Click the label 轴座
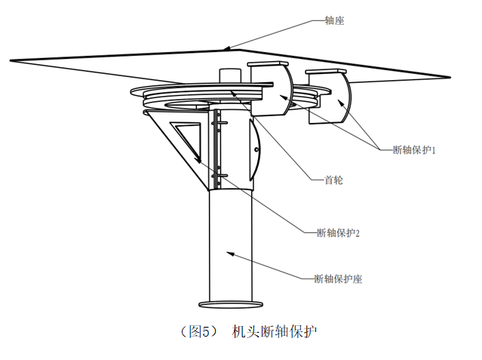tap(334, 20)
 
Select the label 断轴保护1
tap(414, 150)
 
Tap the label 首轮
tap(334, 180)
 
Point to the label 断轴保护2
tap(338, 232)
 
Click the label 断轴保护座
tap(338, 278)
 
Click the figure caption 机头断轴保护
tap(275, 331)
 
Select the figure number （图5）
tap(199, 331)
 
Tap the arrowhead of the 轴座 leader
tap(226, 48)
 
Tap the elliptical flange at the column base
tap(231, 304)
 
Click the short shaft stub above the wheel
tap(230, 75)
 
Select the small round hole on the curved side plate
tap(256, 150)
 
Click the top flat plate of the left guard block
tap(268, 63)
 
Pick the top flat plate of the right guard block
tap(326, 72)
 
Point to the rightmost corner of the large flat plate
tap(450, 77)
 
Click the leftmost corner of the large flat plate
tap(10, 60)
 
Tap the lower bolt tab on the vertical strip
tap(220, 176)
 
